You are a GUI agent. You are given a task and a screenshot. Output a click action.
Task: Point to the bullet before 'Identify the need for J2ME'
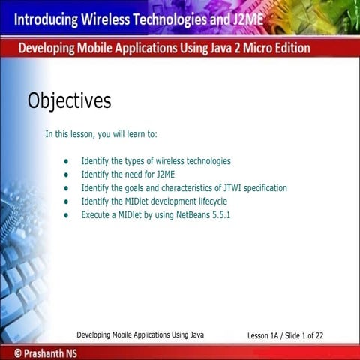[x=67, y=175]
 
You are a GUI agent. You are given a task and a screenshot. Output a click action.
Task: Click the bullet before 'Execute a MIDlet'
[x=67, y=215]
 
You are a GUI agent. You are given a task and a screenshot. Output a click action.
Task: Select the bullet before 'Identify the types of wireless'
[x=67, y=161]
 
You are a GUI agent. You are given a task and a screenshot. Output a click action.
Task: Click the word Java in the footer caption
[x=196, y=334]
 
